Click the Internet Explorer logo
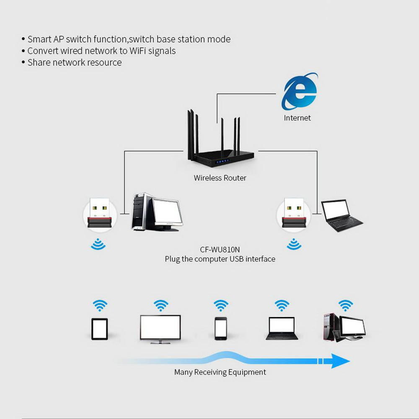tap(299, 92)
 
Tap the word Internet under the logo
tap(297, 118)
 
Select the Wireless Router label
tap(220, 178)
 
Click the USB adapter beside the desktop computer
tap(99, 214)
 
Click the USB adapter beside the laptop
tap(293, 214)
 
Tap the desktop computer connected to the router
tap(156, 212)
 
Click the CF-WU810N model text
tap(220, 250)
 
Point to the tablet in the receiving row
tap(100, 329)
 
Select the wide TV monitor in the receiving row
tap(160, 329)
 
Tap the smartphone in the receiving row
tap(220, 328)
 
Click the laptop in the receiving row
tap(282, 328)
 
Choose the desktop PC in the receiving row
tap(344, 328)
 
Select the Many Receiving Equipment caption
tap(220, 372)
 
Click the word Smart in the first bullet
tap(39, 39)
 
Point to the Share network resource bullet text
tap(75, 63)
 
